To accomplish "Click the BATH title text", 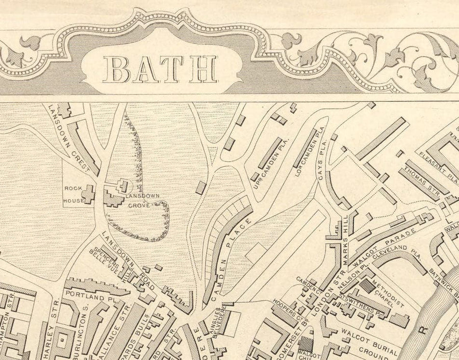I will (160, 69).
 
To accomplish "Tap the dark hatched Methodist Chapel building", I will (367, 286).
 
